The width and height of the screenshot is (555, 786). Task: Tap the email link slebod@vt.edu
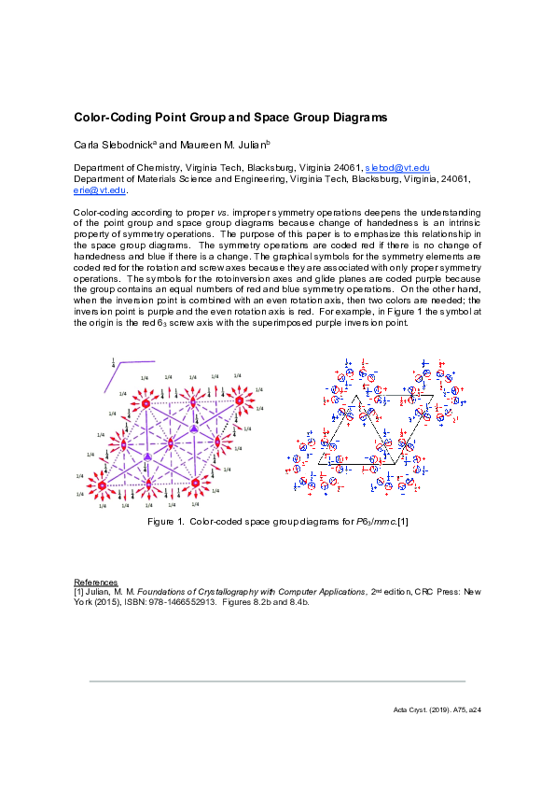coord(395,166)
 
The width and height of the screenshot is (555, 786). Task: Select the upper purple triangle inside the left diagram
coord(194,428)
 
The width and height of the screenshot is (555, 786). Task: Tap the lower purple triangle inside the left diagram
coord(148,456)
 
